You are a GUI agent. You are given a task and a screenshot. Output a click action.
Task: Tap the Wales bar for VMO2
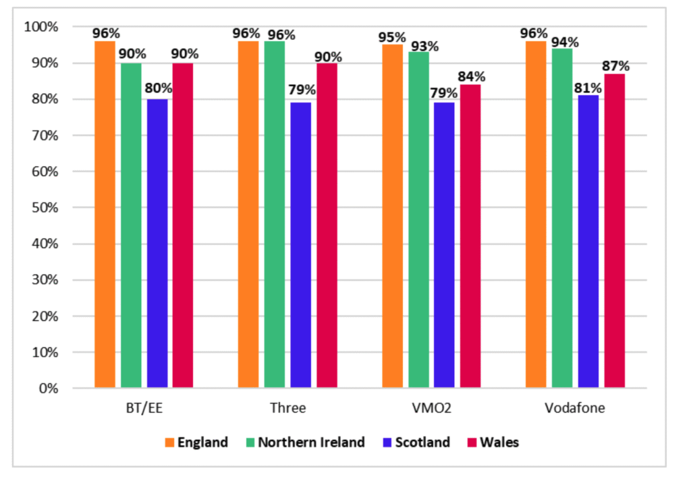point(470,236)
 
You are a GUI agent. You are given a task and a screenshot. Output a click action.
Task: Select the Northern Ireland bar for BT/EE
point(131,225)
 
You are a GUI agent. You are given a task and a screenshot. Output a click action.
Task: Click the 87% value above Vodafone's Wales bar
point(615,66)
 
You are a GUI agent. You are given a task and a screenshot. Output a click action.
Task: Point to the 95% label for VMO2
point(392,37)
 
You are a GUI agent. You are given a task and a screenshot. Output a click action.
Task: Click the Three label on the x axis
point(287,408)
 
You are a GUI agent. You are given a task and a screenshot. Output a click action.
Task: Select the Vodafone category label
point(574,408)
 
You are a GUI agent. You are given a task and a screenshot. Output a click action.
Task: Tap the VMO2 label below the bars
point(431,408)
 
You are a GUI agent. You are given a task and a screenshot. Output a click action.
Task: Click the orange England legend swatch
point(169,443)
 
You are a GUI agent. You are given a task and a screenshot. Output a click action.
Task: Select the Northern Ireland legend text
point(310,443)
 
